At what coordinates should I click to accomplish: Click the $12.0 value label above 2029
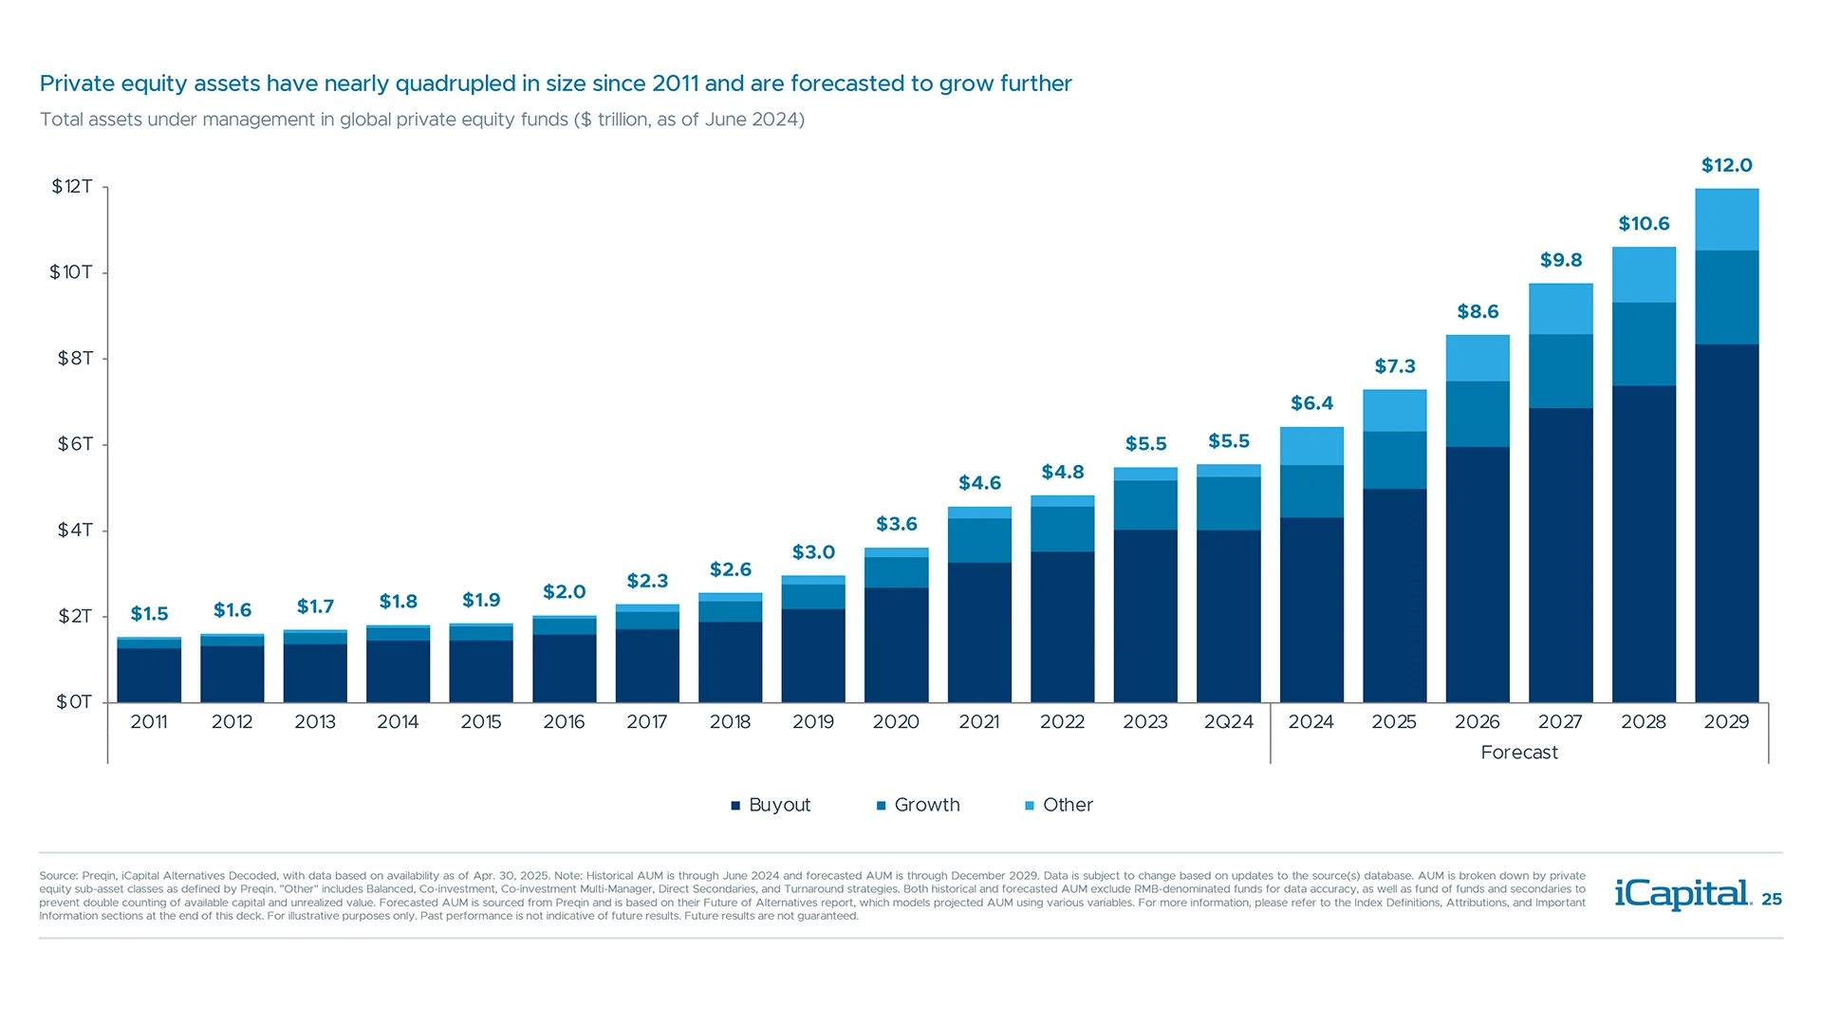point(1726,165)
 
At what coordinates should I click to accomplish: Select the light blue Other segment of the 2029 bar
point(1726,219)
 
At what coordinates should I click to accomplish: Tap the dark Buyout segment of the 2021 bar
point(979,632)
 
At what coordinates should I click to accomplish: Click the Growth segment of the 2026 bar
point(1478,414)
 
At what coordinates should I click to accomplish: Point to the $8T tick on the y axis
point(75,358)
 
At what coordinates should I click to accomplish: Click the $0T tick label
point(73,702)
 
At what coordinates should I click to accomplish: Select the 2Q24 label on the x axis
point(1228,722)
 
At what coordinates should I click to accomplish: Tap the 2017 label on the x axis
point(646,722)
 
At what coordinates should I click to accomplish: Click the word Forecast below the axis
point(1518,753)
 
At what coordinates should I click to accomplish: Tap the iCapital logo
point(1683,894)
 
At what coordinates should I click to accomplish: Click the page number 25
point(1772,899)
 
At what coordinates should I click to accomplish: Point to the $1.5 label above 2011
point(149,614)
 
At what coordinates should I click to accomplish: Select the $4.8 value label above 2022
point(1062,472)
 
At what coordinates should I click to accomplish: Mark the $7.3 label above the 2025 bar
point(1394,366)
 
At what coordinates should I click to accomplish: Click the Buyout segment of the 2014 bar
point(398,671)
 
